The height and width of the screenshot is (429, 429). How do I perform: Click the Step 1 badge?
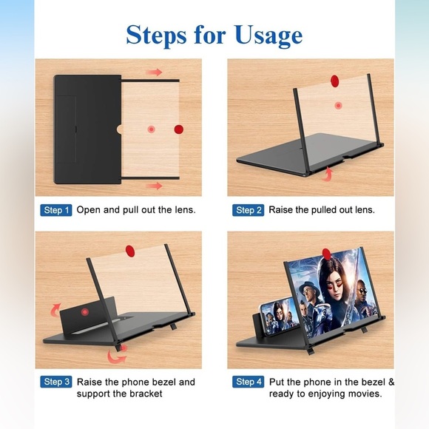point(56,210)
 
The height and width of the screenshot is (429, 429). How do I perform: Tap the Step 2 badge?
point(248,210)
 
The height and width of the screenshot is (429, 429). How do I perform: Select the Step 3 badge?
point(56,382)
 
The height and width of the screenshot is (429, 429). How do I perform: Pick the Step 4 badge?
point(248,382)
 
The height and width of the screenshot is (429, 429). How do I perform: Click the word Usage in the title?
point(268,36)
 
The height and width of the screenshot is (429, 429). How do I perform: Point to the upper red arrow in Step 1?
point(154,72)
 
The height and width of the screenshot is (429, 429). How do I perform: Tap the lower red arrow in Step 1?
point(154,186)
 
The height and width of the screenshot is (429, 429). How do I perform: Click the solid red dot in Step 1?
point(179,129)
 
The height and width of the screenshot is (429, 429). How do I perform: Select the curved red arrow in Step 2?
point(328,174)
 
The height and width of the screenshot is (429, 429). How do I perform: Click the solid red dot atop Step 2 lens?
point(334,81)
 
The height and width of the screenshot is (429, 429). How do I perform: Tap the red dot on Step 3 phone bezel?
point(85,312)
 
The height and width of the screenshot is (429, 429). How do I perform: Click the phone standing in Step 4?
point(278,318)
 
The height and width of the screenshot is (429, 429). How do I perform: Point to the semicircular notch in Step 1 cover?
point(119,129)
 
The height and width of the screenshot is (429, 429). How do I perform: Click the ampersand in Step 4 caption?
point(391,382)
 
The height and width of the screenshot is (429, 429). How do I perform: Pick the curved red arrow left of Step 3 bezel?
point(55,310)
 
